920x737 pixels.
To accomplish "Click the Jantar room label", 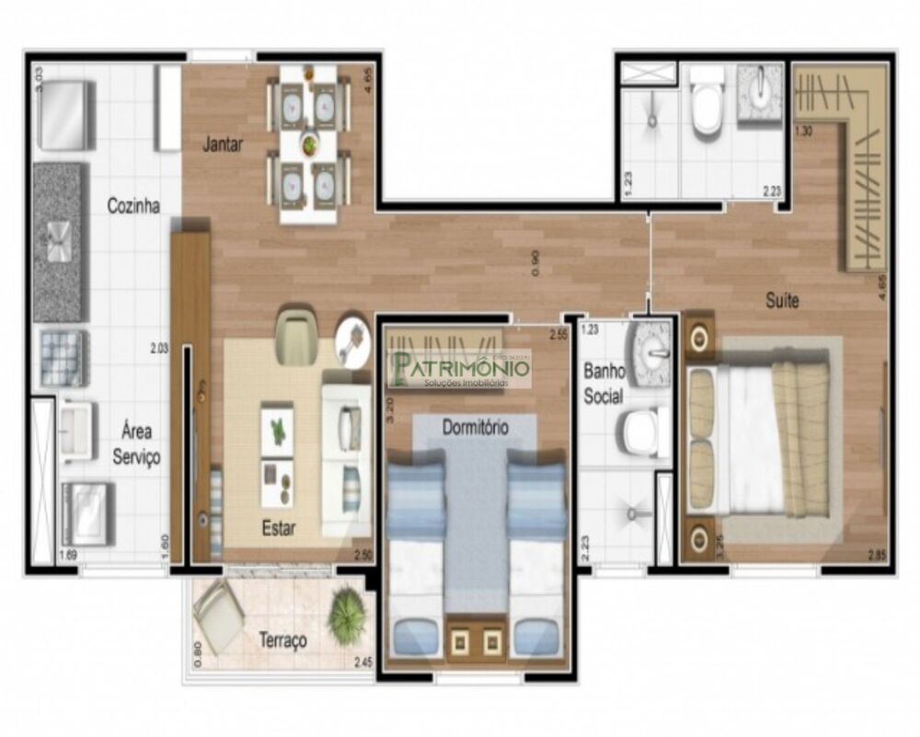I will pos(224,144).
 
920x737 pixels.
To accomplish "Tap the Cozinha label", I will pos(133,206).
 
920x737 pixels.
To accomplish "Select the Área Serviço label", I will pos(136,443).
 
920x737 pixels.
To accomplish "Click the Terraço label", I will pos(282,640).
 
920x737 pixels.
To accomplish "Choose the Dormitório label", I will pos(475,427).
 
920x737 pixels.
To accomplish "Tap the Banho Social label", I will pos(604,385).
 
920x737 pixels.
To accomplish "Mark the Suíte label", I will pos(782,300).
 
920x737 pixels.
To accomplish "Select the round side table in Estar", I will pos(352,339).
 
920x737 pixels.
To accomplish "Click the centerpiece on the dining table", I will pos(309,144).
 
